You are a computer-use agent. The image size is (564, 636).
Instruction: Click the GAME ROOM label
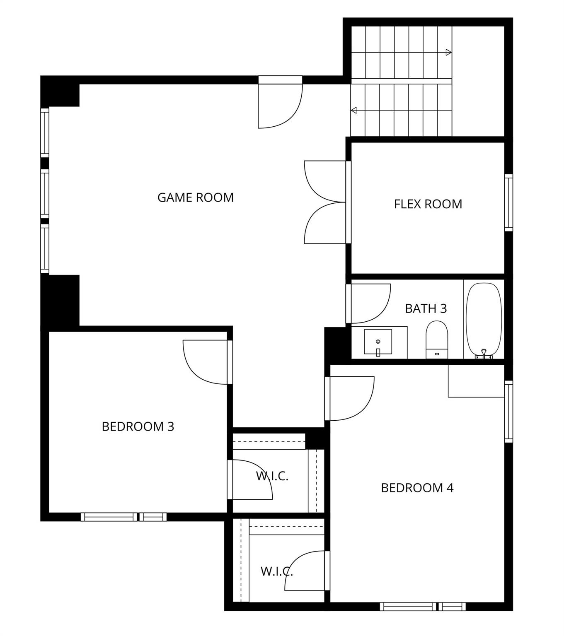tap(195, 198)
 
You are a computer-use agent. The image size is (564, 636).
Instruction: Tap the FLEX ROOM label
tap(428, 204)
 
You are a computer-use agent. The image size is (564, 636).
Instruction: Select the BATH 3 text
tap(426, 308)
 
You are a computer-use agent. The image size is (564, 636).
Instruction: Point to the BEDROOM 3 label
tap(138, 426)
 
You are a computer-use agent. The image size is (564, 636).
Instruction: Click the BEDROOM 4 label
tap(417, 488)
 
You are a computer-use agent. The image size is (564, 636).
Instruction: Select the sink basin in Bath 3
tap(378, 342)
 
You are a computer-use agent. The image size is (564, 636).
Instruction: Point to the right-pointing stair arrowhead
tap(448, 53)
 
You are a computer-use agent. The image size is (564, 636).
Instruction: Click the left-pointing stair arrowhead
tap(354, 111)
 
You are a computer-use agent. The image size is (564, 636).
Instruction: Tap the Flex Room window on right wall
tap(508, 202)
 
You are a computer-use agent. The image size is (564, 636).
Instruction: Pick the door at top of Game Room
tap(280, 104)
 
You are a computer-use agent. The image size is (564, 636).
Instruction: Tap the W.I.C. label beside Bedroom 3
tap(272, 476)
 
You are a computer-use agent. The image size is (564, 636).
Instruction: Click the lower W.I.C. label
tap(276, 572)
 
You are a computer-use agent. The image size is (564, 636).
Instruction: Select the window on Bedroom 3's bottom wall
tap(123, 517)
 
